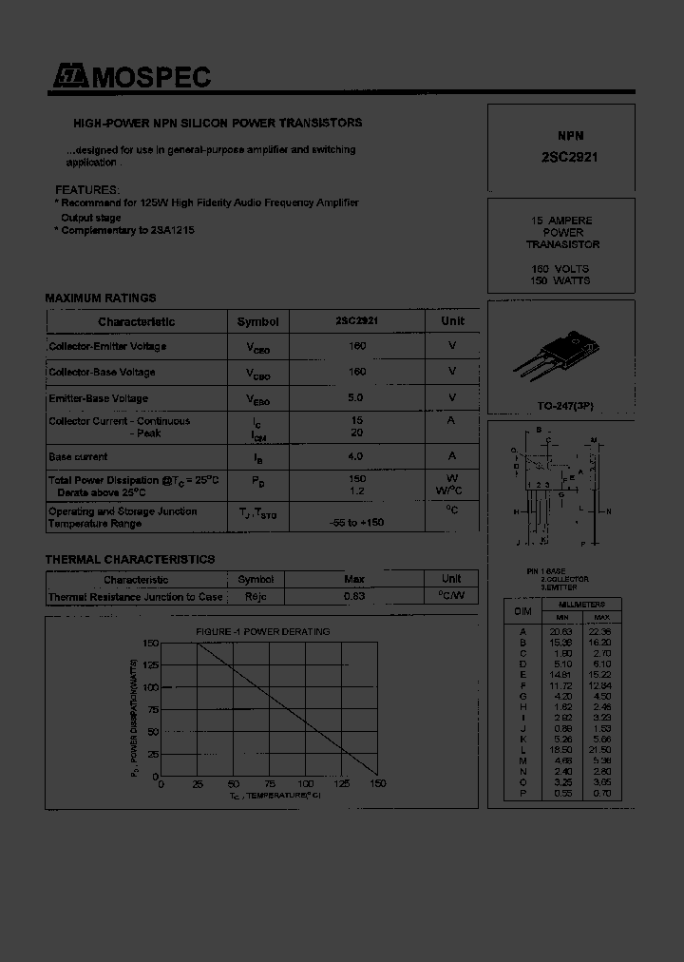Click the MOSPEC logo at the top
coord(131,78)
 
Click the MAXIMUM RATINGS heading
coord(101,298)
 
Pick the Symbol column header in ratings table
coord(257,321)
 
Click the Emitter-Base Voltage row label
coord(99,398)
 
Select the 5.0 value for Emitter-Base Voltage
coord(357,398)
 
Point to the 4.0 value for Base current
coord(357,456)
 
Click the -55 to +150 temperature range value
coord(357,523)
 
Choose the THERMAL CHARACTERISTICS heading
coord(130,559)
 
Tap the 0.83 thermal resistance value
coord(354,596)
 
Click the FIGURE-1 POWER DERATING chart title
coord(263,631)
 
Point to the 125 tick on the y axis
coord(150,665)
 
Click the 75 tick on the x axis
coord(269,784)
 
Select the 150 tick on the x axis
coord(377,784)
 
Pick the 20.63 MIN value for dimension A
coord(562,631)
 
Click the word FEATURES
coord(87,189)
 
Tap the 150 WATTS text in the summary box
coord(560,280)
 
